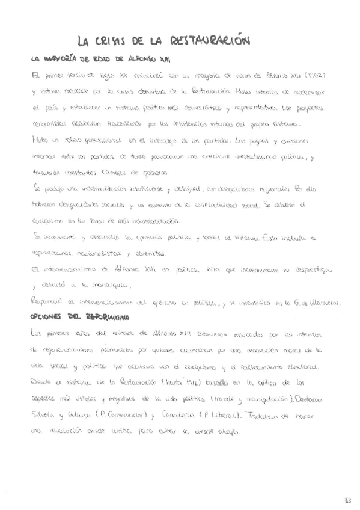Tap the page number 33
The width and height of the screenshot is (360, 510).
point(347,500)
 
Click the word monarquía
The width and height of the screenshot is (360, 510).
point(94,285)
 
